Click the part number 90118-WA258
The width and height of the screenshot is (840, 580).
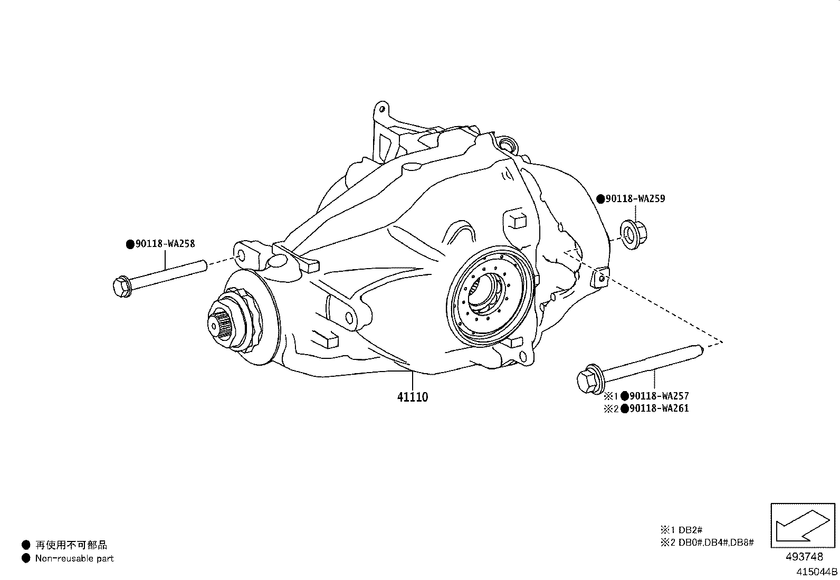pyautogui.click(x=165, y=244)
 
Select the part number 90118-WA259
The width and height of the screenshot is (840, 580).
pyautogui.click(x=635, y=199)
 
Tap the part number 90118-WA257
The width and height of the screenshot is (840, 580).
pyautogui.click(x=659, y=396)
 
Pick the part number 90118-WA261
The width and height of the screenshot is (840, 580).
pyautogui.click(x=659, y=408)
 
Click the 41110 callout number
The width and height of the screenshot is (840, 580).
pyautogui.click(x=413, y=397)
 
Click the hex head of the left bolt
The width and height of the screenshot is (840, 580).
pyautogui.click(x=121, y=287)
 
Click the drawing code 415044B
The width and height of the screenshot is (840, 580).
pyautogui.click(x=817, y=571)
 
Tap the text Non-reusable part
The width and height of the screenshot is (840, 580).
pyautogui.click(x=74, y=558)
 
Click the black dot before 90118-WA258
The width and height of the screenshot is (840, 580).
pyautogui.click(x=130, y=244)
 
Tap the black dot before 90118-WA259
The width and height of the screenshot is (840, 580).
pyautogui.click(x=600, y=199)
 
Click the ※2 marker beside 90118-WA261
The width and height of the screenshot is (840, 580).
pyautogui.click(x=610, y=408)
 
